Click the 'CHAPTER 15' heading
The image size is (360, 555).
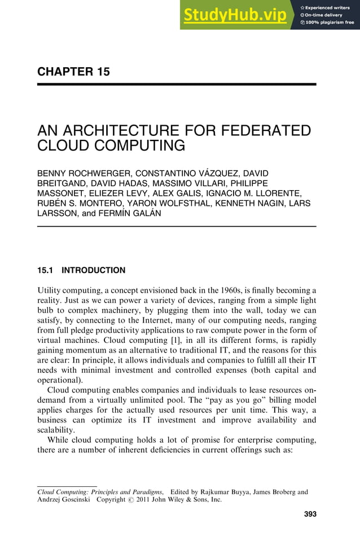73,72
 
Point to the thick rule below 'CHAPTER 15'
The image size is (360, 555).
176,84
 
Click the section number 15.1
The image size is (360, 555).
45,270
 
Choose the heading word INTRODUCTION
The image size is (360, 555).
94,270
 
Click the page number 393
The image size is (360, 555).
309,514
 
